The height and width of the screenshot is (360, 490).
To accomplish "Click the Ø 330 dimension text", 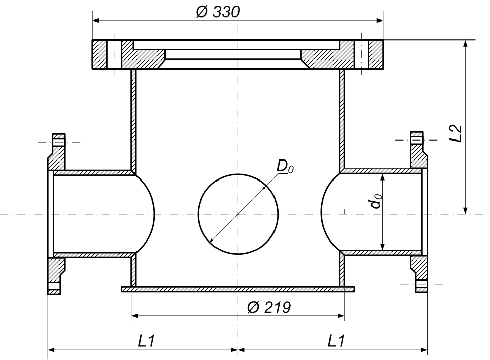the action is coord(218,12).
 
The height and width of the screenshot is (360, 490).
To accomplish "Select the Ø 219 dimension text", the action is coord(269,307).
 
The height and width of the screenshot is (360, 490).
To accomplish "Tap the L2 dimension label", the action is coord(456,133).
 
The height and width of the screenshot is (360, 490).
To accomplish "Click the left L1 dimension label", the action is coord(146,341).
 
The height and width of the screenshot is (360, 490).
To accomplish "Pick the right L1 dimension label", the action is coord(336,341).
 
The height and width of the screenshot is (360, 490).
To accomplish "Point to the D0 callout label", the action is coord(285,167).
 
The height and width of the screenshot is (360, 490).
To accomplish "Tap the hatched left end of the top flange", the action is coord(100,54).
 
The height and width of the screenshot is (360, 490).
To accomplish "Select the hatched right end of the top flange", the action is coord(376,54).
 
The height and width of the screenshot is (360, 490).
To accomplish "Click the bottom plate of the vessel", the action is coord(238,289).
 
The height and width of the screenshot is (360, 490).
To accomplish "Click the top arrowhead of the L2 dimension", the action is coord(465,44).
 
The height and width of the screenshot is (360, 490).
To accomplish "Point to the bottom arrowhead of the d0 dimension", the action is coord(382,246).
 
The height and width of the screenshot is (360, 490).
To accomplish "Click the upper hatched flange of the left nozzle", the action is coord(57,152).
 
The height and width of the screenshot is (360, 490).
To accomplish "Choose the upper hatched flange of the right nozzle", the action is coord(419,150).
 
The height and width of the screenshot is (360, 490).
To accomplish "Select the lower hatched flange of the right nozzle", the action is coord(419,274).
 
